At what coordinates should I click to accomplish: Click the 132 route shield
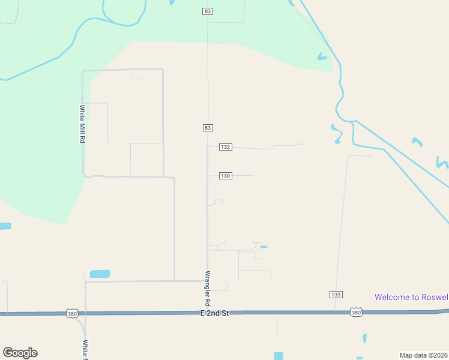[226, 147]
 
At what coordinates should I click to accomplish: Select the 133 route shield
[336, 294]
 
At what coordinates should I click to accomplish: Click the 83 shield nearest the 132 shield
[208, 128]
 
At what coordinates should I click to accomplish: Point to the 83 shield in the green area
[208, 11]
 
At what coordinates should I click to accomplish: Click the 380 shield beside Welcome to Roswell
[357, 312]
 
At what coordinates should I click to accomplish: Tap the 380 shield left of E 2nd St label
[71, 313]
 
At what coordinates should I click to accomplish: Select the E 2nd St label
[215, 313]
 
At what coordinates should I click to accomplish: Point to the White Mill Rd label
[82, 124]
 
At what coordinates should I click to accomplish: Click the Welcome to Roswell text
[411, 297]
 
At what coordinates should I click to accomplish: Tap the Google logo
[20, 353]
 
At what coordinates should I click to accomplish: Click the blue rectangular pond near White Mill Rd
[100, 274]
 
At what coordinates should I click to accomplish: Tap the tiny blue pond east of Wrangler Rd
[264, 247]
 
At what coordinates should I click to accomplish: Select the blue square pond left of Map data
[278, 356]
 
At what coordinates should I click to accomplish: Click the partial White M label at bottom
[85, 350]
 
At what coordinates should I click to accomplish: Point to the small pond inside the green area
[322, 57]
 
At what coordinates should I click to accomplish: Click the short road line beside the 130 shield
[243, 176]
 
